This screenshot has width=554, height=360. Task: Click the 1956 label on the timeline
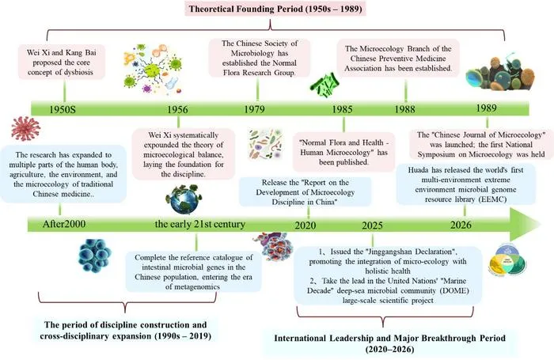pyautogui.click(x=177, y=109)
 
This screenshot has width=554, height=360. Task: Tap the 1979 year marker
pyautogui.click(x=254, y=109)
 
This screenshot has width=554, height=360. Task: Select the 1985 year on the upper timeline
pyautogui.click(x=342, y=109)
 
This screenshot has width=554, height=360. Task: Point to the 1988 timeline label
pyautogui.click(x=405, y=109)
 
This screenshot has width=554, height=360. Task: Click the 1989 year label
pyautogui.click(x=487, y=108)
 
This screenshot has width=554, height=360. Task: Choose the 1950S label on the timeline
pyautogui.click(x=63, y=109)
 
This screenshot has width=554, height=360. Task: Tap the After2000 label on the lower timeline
pyautogui.click(x=64, y=224)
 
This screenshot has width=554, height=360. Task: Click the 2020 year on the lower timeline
pyautogui.click(x=305, y=225)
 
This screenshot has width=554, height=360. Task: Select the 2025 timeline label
pyautogui.click(x=372, y=225)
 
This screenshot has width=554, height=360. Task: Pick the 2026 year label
pyautogui.click(x=461, y=225)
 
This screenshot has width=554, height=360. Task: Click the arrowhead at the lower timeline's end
pyautogui.click(x=526, y=224)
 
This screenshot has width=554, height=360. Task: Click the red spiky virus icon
pyautogui.click(x=25, y=129)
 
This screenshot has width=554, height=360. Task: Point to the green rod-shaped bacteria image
pyautogui.click(x=324, y=86)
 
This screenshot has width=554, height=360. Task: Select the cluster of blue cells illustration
pyautogui.click(x=94, y=256)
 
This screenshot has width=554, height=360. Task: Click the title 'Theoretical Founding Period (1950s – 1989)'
pyautogui.click(x=275, y=9)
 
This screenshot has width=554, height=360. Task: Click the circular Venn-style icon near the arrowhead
pyautogui.click(x=508, y=260)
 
